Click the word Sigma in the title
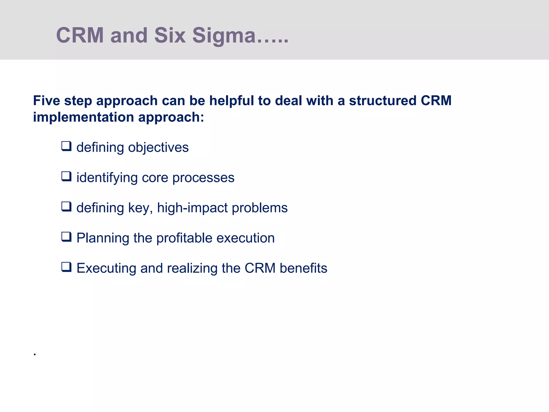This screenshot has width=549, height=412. pos(224,36)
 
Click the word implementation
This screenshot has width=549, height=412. pos(83,117)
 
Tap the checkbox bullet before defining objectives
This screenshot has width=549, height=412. pos(66,146)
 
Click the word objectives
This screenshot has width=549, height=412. pos(158,148)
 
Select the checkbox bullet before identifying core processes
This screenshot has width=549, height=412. pos(66,176)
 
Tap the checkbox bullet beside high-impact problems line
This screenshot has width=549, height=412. pos(66,207)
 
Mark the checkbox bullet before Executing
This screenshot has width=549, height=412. pos(66,267)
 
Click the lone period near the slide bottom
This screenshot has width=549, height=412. pos(35,355)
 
